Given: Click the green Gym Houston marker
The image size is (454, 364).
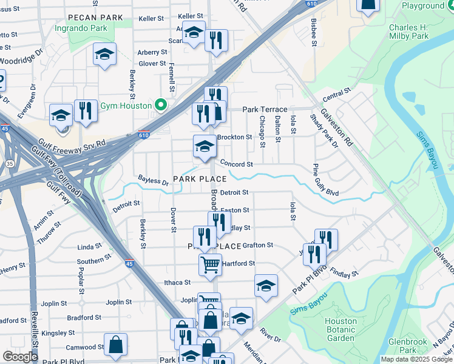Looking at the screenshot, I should tap(161, 106).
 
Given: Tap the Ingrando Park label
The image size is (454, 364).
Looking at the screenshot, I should tap(81, 28).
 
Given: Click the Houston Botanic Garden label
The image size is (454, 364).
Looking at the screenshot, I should tap(340, 329).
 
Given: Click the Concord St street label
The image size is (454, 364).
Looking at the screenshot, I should tap(236, 164).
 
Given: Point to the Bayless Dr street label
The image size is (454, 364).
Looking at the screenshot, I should tap(153, 180).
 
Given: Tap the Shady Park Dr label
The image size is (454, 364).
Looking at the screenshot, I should tap(324, 130).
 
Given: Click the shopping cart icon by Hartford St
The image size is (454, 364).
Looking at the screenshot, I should tap(210, 263).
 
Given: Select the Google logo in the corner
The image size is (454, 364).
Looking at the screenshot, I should tap(20, 357).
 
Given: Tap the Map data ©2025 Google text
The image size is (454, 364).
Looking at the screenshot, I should tap(416, 359).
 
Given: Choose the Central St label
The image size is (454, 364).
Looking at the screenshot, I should tap(337, 95).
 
